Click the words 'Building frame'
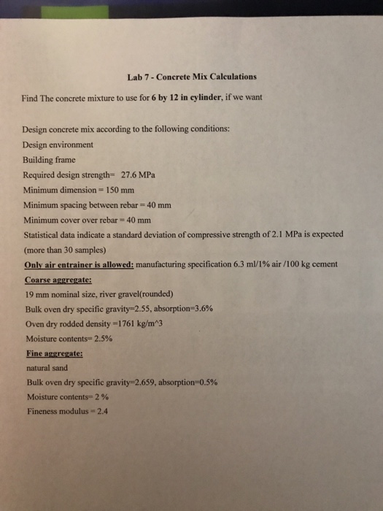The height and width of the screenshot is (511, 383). point(49,160)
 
